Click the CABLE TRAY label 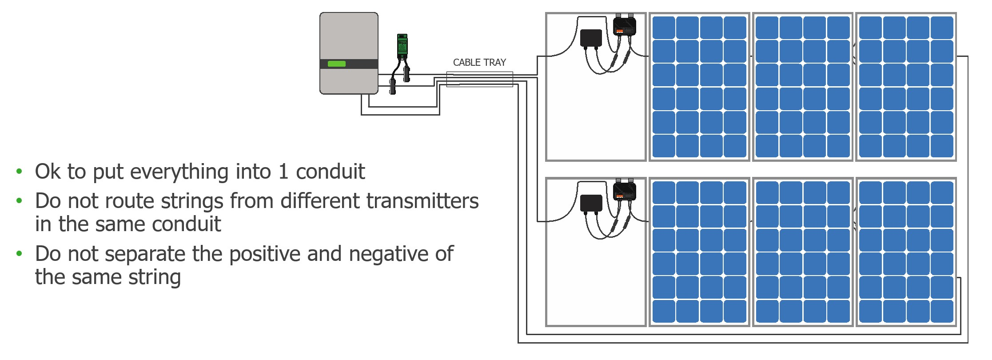click(479, 63)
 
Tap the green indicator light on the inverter click(336, 64)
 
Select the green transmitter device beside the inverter click(402, 46)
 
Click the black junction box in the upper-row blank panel click(591, 38)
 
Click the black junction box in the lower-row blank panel click(591, 203)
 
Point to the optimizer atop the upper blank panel click(625, 26)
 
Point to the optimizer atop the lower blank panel click(625, 191)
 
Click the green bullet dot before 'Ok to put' click(19, 171)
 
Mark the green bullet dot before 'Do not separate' click(19, 254)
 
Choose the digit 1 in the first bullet click(283, 172)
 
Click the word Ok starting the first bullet click(48, 172)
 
